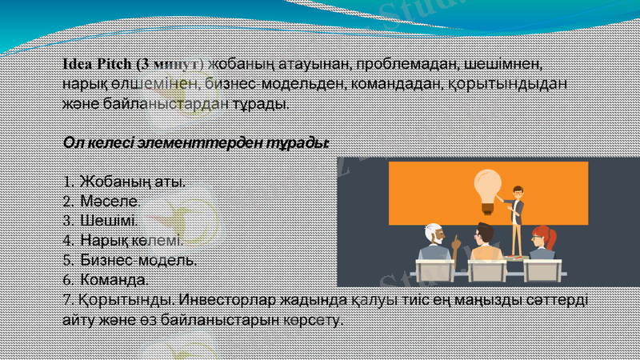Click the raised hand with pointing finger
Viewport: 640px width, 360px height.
[x=456, y=239]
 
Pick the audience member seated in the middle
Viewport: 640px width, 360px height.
[x=486, y=243]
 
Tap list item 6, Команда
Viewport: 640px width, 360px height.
[x=114, y=280]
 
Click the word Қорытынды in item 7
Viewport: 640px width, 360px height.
[x=127, y=301]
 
